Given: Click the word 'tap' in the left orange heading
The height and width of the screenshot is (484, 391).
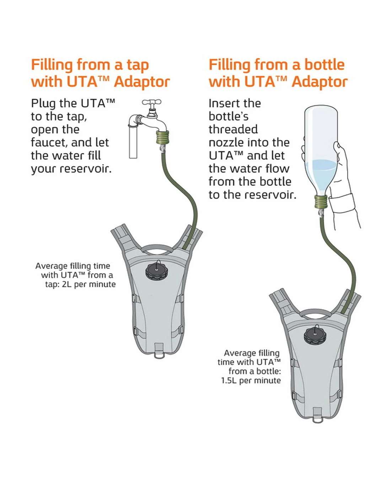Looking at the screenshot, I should (x=138, y=65).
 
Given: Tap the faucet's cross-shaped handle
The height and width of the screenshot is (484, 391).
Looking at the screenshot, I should (x=152, y=103).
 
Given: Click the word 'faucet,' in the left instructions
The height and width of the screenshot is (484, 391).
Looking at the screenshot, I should (x=49, y=143).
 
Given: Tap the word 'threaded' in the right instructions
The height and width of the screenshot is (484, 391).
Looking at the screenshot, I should (x=233, y=130).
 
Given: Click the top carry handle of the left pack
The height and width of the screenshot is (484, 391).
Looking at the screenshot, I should (x=156, y=248).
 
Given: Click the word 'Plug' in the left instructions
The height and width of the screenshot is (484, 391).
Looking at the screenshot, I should (x=43, y=104).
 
